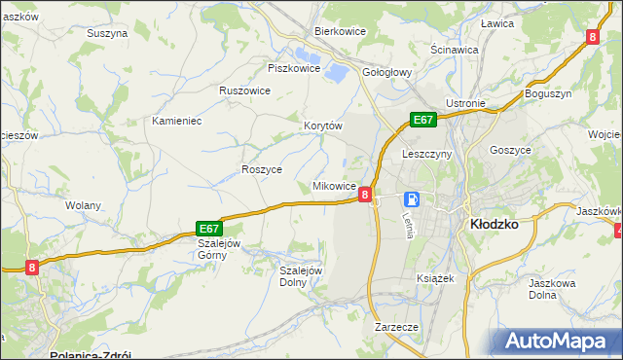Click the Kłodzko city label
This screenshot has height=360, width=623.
pyautogui.click(x=494, y=223)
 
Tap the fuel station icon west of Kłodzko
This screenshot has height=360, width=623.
pyautogui.click(x=412, y=199)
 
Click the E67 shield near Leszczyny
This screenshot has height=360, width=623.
pyautogui.click(x=421, y=120)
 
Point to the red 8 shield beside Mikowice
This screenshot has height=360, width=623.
pyautogui.click(x=364, y=195)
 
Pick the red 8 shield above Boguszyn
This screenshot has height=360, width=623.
pyautogui.click(x=592, y=37)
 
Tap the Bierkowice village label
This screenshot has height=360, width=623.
pyautogui.click(x=339, y=31)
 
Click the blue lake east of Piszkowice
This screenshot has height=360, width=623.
pyautogui.click(x=335, y=71)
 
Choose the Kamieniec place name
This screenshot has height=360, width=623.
pyautogui.click(x=176, y=122)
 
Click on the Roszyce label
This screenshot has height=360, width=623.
pyautogui.click(x=261, y=169)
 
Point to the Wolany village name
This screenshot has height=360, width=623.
pyautogui.click(x=83, y=206)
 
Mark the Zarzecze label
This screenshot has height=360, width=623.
pyautogui.click(x=396, y=328)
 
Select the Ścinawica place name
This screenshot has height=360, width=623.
pyautogui.click(x=454, y=49)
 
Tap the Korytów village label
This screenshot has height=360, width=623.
pyautogui.click(x=323, y=126)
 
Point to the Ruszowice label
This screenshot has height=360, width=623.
pyautogui.click(x=244, y=90)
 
